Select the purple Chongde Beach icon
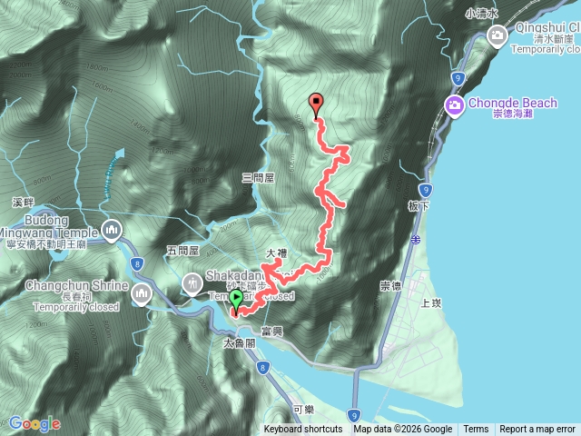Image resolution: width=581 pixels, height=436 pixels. point(453,105)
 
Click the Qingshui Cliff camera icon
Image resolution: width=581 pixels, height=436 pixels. point(497,35)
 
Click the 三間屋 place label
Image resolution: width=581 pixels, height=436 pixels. point(259,179)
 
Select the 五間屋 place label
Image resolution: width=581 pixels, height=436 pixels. point(184,250)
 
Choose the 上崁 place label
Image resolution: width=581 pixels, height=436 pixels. point(432,304)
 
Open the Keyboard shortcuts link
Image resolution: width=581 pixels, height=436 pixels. point(303,430)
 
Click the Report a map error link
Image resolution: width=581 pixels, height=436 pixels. point(537,430)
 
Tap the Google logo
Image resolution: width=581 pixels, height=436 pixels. point(34,423)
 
